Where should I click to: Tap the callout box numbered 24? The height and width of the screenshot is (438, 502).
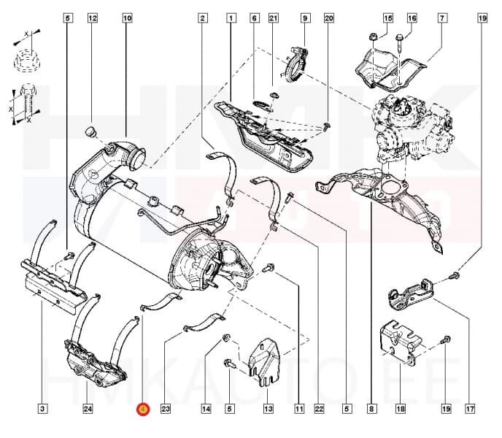[x=88, y=408]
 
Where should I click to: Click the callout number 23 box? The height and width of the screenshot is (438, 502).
[x=166, y=408]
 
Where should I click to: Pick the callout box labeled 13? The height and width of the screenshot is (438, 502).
[x=269, y=408]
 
